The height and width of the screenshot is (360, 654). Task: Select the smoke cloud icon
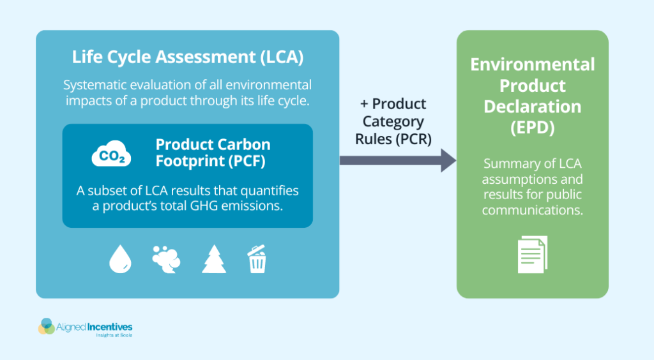tap(166, 259)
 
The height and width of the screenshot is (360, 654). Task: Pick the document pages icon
tap(532, 254)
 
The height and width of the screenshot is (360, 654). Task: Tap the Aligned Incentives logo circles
tap(47, 326)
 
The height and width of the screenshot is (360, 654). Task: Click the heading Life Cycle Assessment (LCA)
tap(187, 57)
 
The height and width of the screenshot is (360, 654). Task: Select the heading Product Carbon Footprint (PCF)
tap(213, 153)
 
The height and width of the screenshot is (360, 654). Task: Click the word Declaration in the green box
tap(533, 106)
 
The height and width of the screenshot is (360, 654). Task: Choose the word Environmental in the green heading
tap(533, 64)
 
